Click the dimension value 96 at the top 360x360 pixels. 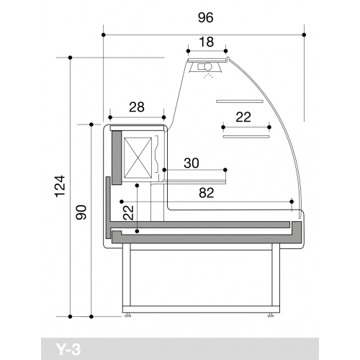(205, 17)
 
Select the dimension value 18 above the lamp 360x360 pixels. (207, 42)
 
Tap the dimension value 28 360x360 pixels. (137, 107)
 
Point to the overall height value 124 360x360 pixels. (60, 186)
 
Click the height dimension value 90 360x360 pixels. (81, 212)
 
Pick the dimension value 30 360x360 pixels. (192, 163)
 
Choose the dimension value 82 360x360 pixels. (206, 193)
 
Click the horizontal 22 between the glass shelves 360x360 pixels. (243, 117)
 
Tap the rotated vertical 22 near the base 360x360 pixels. (128, 212)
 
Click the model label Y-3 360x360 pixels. (68, 349)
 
